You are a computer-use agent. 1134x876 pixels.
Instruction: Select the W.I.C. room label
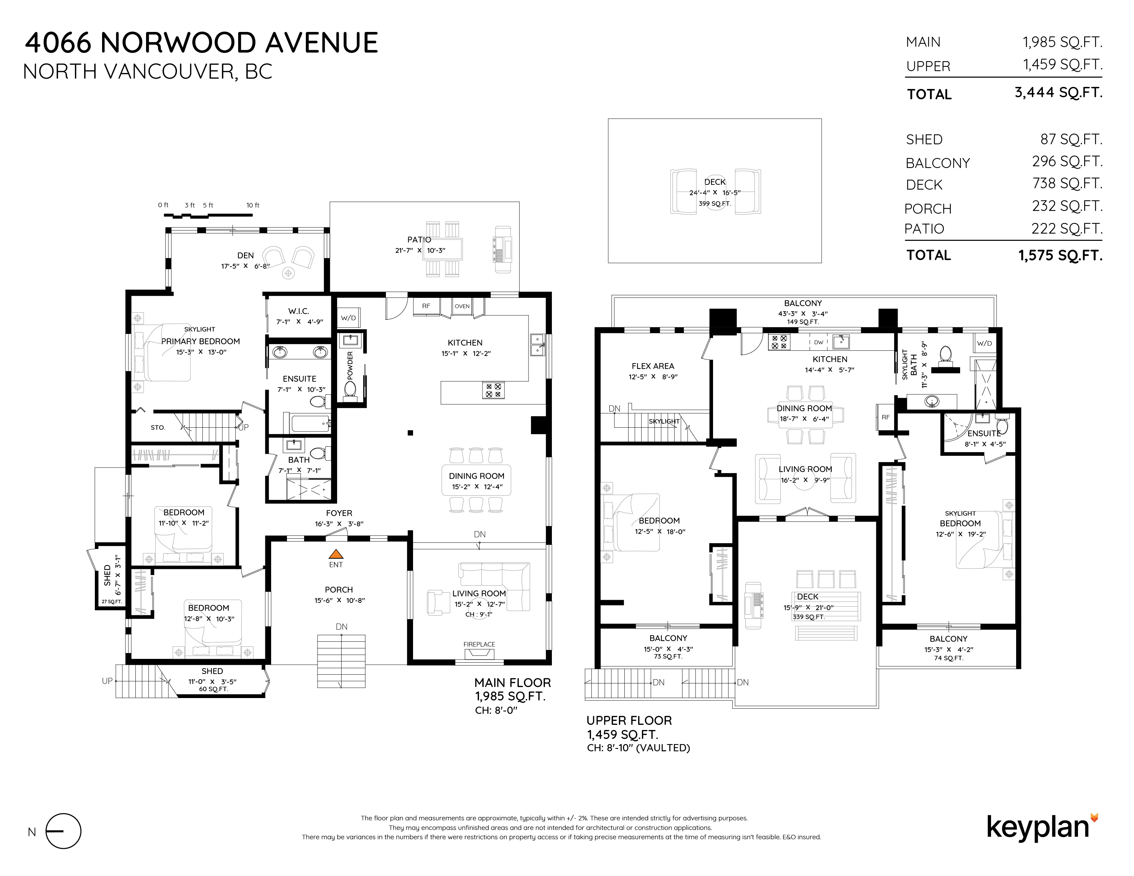(299, 311)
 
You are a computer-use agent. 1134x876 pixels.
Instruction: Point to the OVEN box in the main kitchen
(462, 306)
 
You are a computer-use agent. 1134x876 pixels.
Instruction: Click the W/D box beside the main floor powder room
(348, 318)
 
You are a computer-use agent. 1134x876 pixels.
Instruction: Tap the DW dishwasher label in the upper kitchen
(818, 342)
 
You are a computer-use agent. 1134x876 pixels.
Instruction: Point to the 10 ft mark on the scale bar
(253, 205)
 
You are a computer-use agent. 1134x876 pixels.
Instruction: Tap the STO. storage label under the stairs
(158, 428)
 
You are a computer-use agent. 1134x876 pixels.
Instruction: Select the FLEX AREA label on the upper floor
(653, 366)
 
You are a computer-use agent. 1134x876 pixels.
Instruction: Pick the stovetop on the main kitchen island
(493, 390)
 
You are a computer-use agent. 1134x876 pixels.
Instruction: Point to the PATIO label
(419, 240)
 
